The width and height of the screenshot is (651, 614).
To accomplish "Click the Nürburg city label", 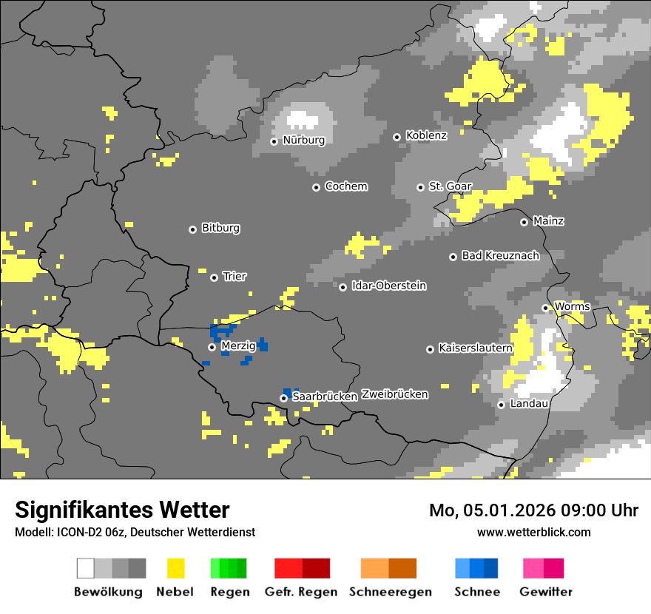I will click(303, 140).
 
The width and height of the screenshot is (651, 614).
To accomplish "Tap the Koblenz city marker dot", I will click(397, 137).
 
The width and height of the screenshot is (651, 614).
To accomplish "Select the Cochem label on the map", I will click(345, 186).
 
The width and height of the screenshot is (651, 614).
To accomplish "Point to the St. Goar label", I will click(451, 186).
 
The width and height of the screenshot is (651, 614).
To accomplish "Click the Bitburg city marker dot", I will click(192, 229).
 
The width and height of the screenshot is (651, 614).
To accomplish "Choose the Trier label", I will click(235, 277).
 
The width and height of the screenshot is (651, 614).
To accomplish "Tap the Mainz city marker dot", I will click(524, 222).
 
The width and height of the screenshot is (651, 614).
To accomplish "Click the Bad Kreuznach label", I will click(500, 256).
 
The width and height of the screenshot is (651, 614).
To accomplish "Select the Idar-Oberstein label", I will click(388, 286).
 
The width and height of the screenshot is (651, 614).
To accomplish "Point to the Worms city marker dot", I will click(545, 308).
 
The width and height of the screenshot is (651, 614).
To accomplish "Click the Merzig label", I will click(238, 345).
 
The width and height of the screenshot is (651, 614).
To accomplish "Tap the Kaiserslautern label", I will click(475, 348).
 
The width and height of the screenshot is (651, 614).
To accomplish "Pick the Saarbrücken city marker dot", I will click(283, 398).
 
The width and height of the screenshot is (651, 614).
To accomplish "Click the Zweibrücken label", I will click(394, 394).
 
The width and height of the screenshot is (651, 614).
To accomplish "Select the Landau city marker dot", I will click(501, 405).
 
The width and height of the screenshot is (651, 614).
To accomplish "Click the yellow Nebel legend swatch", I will click(175, 568).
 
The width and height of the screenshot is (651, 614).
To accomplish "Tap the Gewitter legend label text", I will click(545, 592).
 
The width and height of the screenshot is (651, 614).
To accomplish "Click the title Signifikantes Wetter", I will click(122, 510).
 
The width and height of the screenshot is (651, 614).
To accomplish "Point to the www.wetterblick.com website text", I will click(533, 533).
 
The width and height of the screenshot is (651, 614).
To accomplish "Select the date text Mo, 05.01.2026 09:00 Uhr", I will click(533, 510).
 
